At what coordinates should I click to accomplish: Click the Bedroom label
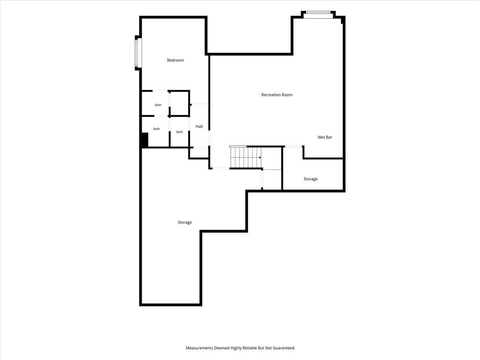[175, 60]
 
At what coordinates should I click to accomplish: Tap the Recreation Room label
[277, 95]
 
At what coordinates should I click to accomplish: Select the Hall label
[199, 127]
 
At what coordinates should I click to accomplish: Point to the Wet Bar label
[325, 137]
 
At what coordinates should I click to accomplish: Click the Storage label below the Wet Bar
[310, 179]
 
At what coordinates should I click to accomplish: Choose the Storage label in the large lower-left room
[185, 222]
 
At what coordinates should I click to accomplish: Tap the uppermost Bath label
[158, 105]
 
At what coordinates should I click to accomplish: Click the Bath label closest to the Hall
[180, 132]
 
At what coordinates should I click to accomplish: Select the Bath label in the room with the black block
[157, 129]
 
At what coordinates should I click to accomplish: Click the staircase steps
[245, 157]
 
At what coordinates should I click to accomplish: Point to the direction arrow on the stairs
[260, 157]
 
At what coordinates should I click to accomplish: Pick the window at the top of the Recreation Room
[318, 13]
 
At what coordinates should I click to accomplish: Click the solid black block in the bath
[145, 140]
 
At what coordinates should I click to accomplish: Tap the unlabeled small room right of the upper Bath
[180, 104]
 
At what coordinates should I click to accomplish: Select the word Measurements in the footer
[199, 348]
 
